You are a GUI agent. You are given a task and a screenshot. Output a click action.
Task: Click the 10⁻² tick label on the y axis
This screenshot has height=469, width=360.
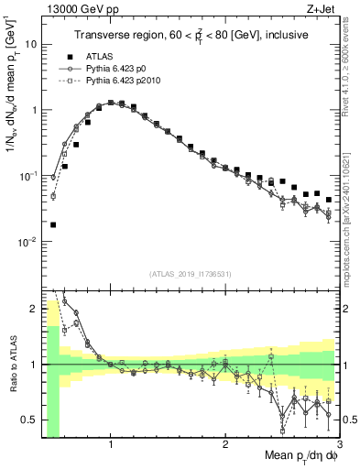pos(27,242)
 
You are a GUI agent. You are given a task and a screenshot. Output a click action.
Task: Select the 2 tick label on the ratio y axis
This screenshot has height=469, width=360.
pos(32,309)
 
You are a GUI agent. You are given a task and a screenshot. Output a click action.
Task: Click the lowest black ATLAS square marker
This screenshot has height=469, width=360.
pos(53,224)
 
